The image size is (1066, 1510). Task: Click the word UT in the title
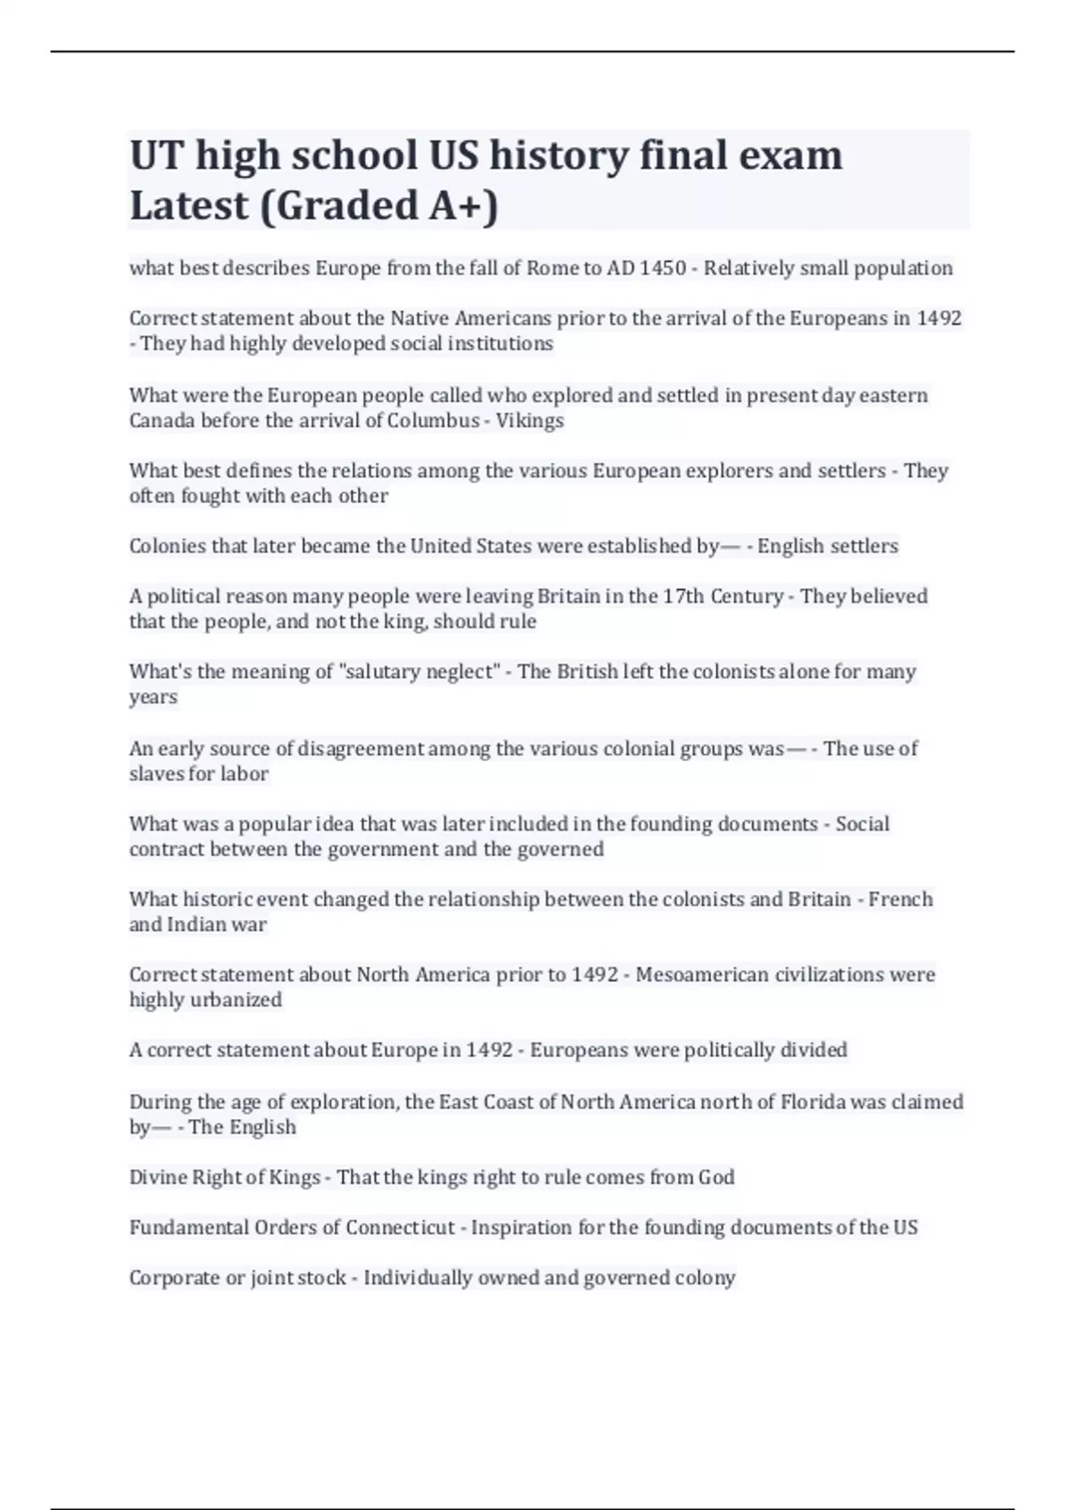coord(156,155)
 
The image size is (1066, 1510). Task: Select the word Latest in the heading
coord(189,205)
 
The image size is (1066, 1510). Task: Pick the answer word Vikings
coord(529,420)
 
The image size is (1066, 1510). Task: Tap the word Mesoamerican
coord(702,975)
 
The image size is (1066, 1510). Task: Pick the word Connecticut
coord(400,1228)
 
